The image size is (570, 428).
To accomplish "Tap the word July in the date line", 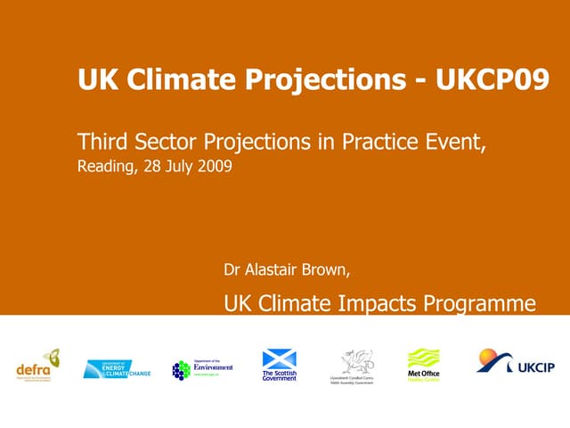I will (x=179, y=166).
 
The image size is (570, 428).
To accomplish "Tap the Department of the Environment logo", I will (x=202, y=368).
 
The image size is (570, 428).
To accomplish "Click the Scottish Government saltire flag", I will (x=279, y=358).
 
